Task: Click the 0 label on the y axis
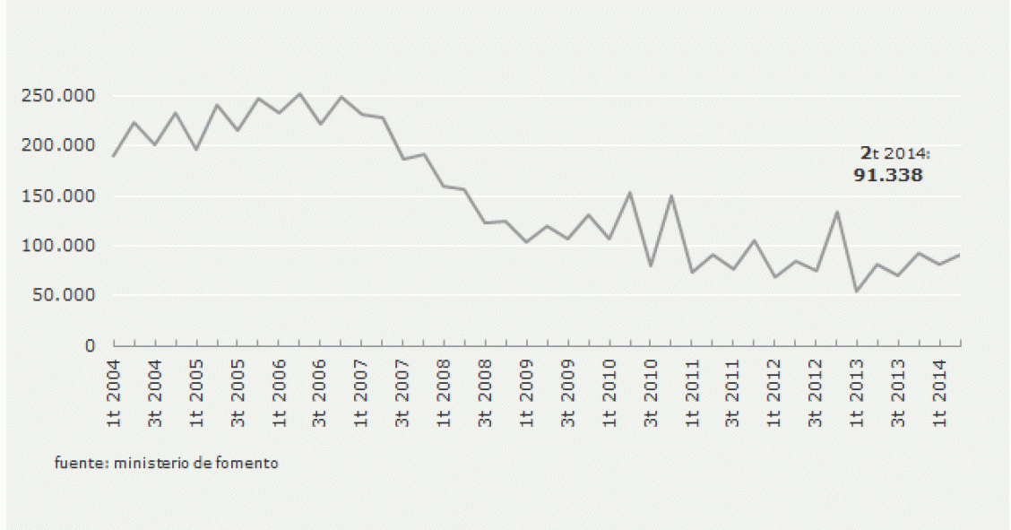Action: [91, 345]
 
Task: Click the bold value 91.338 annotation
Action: [887, 176]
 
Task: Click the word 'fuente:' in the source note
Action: [74, 464]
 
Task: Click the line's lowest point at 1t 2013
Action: [857, 291]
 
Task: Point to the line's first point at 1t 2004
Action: [114, 156]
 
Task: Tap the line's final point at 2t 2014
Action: [961, 255]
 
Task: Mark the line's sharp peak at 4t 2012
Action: [836, 212]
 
